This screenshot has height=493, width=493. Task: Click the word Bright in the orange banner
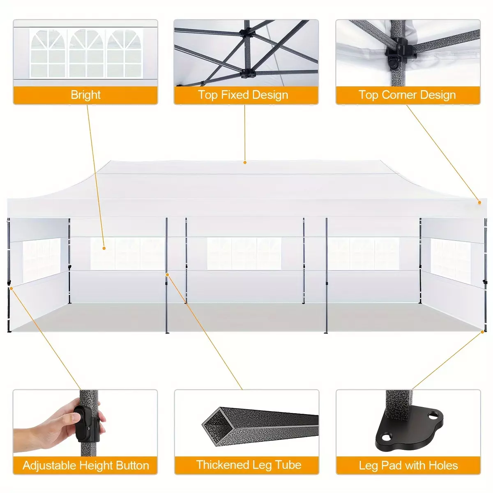[85, 95]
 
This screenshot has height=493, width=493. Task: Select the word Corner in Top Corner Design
[399, 94]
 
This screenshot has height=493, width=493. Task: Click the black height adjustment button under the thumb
[81, 422]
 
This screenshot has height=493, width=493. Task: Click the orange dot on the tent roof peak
[245, 162]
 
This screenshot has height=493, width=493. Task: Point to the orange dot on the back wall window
[104, 248]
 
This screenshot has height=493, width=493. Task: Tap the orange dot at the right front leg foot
[482, 332]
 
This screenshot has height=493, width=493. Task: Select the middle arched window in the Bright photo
[86, 53]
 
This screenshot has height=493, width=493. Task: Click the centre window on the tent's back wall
[244, 253]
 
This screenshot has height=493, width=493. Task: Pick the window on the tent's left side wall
[41, 260]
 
